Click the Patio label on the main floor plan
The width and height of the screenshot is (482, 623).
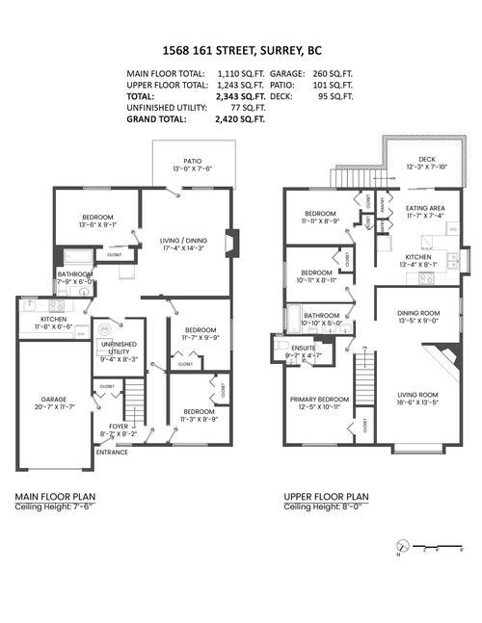193,162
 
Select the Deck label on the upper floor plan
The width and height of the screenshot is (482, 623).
426,160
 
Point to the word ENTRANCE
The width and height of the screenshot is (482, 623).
112,452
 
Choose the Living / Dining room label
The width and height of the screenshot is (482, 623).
183,240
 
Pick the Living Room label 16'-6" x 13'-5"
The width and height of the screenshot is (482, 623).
417,394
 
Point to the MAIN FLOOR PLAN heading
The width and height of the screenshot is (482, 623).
54,499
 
